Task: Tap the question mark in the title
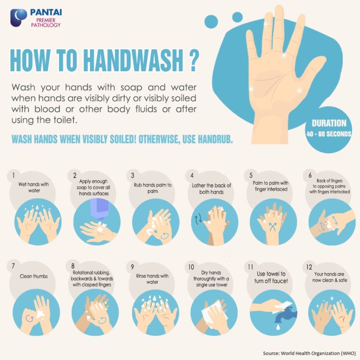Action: tap(191, 61)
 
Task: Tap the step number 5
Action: tap(251, 175)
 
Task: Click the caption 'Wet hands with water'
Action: tap(34, 187)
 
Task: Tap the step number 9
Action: tap(133, 267)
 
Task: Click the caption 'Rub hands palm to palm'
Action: tap(152, 188)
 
